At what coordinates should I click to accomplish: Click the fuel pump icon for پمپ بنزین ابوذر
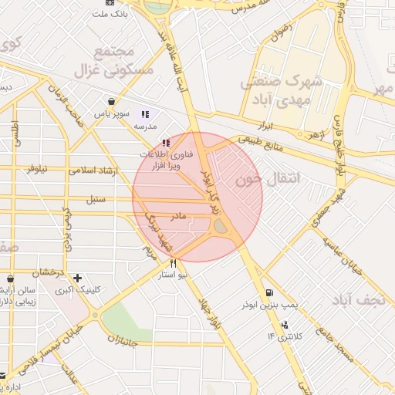[x=268, y=292]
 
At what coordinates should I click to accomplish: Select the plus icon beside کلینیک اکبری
[x=77, y=278]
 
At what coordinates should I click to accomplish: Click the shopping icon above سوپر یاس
[x=112, y=101]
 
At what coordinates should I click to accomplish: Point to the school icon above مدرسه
[x=145, y=114]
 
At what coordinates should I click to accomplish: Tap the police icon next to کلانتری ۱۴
[x=285, y=324]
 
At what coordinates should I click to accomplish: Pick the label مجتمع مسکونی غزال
[x=114, y=61]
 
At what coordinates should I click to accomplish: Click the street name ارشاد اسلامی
[x=92, y=170]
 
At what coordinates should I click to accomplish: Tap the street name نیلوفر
[x=42, y=167]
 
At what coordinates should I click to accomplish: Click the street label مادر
[x=178, y=217]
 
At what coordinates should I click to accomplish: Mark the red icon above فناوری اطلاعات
[x=165, y=143]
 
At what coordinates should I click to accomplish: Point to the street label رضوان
[x=279, y=32]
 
